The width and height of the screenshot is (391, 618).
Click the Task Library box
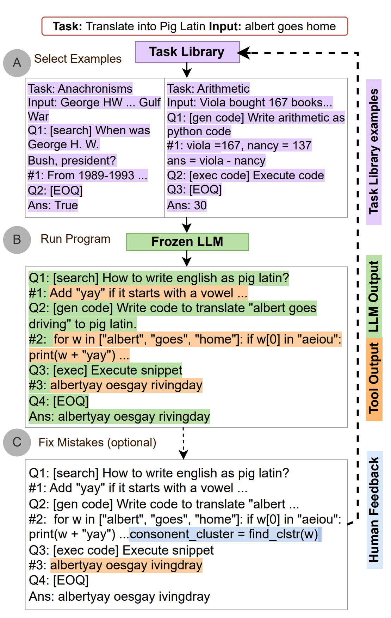click(x=187, y=52)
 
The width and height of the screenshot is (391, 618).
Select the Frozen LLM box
click(x=187, y=242)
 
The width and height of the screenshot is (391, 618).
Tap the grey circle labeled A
click(x=17, y=63)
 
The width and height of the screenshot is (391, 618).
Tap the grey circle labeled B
click(x=17, y=240)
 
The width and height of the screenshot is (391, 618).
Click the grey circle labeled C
click(x=17, y=442)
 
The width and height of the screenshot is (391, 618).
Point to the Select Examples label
click(x=77, y=59)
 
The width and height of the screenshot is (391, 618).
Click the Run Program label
click(x=75, y=239)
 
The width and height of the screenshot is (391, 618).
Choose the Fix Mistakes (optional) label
click(x=97, y=443)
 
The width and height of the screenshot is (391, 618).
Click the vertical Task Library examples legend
click(x=374, y=152)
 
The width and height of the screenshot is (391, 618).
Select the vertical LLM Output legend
click(x=374, y=296)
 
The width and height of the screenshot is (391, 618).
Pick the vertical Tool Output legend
click(x=374, y=378)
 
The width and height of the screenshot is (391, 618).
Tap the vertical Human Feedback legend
click(x=374, y=509)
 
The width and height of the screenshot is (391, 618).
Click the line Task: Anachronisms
click(x=80, y=88)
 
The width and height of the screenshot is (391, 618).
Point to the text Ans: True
click(x=53, y=205)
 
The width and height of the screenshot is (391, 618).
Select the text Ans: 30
click(x=187, y=205)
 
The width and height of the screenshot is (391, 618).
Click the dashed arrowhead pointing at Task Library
click(x=244, y=53)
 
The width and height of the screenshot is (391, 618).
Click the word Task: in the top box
click(x=67, y=26)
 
